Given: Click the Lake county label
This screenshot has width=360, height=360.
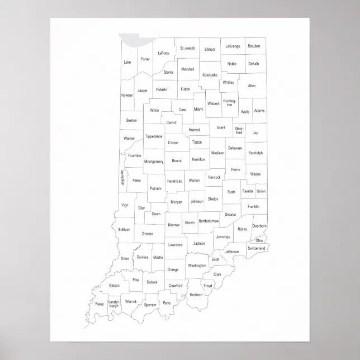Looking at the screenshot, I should click(127, 62).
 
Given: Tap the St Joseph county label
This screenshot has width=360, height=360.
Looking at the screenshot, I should click(188, 48).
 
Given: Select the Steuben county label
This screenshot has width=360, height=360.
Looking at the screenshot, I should click(254, 46).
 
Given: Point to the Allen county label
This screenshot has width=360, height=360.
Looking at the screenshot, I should click(252, 86).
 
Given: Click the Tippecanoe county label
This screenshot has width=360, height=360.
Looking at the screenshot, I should click(154, 136).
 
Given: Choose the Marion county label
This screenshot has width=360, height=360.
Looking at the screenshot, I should click(194, 181).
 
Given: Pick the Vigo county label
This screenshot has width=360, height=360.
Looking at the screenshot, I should click(125, 205).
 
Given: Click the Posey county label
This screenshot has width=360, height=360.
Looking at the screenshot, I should click(100, 304).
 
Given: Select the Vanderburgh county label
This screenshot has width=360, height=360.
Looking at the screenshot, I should click(114, 305).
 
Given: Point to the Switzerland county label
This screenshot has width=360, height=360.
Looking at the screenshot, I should click(256, 248).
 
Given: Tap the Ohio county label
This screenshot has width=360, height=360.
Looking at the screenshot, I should click(259, 240).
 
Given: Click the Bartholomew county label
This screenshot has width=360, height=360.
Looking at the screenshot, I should click(207, 221).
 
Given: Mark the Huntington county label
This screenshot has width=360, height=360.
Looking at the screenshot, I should click(230, 103).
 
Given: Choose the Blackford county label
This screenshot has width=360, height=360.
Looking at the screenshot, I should click(239, 131).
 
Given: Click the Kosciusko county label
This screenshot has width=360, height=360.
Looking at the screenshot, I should click(210, 74).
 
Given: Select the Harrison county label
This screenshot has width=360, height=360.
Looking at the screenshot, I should click(196, 294).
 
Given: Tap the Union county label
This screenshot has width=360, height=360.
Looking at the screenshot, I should click(261, 191).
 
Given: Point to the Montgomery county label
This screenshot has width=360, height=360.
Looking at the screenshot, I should click(154, 162).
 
